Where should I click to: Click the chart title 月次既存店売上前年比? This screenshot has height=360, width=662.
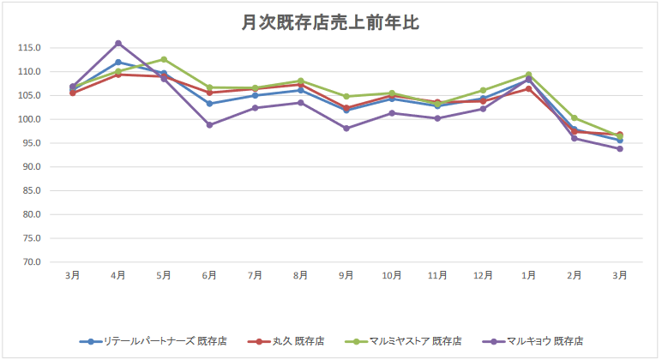click(330, 23)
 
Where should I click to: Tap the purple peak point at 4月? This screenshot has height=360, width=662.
click(118, 43)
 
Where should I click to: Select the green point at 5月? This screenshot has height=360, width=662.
click(164, 59)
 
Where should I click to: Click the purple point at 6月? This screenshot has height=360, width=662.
click(209, 124)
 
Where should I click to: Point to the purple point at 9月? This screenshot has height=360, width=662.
click(346, 128)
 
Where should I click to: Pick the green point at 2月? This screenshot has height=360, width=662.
click(575, 117)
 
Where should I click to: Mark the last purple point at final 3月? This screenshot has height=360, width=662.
click(620, 148)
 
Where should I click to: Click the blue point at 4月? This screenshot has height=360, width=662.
click(118, 62)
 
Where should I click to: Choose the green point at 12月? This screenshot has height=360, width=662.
click(484, 90)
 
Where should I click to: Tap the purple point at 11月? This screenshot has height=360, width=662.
click(437, 118)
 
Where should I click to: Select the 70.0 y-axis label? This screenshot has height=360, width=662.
click(32, 262)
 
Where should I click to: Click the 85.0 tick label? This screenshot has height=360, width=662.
click(32, 191)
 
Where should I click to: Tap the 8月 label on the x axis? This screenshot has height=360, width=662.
click(301, 275)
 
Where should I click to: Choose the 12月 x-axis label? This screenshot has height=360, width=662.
click(484, 275)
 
